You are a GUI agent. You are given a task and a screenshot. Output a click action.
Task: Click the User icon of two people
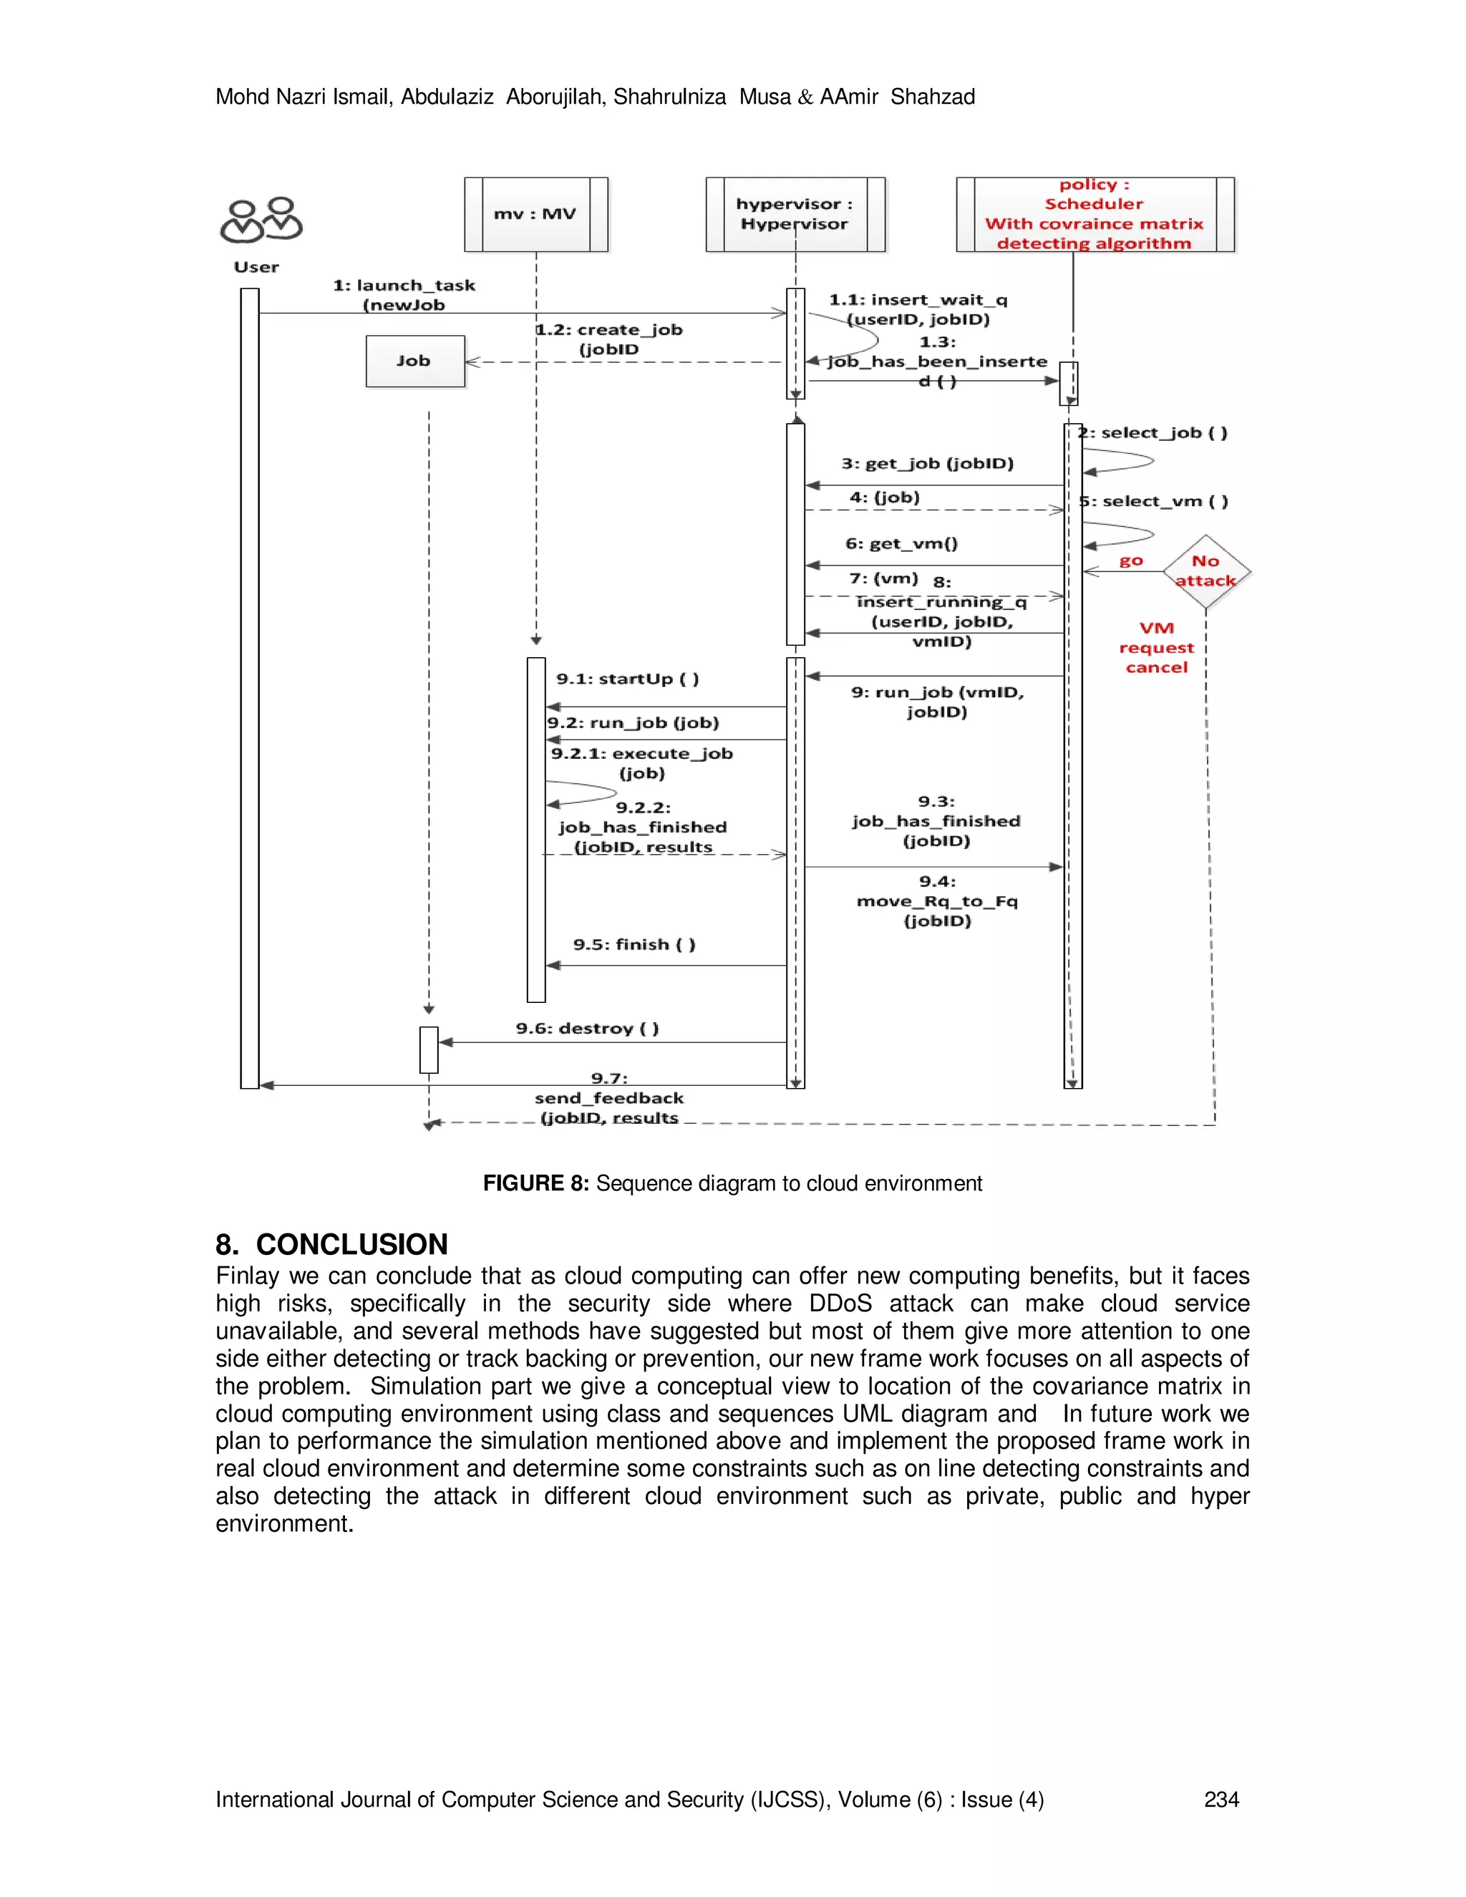tap(261, 220)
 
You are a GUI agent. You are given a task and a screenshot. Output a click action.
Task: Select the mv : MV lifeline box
tap(535, 215)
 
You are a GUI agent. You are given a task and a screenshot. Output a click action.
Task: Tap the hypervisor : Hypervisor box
tap(795, 215)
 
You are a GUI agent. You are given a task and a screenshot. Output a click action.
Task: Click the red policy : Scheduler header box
tap(1094, 215)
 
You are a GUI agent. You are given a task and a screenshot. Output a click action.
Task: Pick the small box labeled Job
tap(415, 362)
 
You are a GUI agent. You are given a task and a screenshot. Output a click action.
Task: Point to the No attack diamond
tap(1205, 571)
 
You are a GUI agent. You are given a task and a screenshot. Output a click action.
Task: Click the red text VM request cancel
tap(1156, 648)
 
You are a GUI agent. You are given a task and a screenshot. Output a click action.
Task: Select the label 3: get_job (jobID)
tap(927, 464)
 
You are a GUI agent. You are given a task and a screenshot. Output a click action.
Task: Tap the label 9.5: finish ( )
tap(634, 945)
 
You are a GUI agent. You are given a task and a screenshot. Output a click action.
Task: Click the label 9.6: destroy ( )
tap(587, 1029)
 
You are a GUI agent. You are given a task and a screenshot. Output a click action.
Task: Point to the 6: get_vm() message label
tap(901, 545)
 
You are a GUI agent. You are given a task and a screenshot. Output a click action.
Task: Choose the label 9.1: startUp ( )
tap(627, 679)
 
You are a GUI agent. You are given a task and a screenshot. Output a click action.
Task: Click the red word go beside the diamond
tap(1131, 561)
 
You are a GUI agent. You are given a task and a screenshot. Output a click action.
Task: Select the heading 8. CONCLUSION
tap(331, 1245)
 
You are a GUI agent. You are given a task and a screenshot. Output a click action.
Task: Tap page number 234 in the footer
tap(1221, 1800)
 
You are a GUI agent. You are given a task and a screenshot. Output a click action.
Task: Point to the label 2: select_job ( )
tap(1153, 433)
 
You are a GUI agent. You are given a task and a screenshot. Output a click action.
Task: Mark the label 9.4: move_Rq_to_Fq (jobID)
tap(937, 901)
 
